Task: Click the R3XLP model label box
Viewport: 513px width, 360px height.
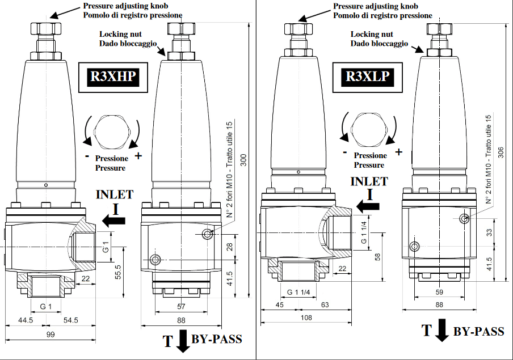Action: pyautogui.click(x=367, y=76)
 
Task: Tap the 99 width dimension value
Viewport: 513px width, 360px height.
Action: pyautogui.click(x=50, y=335)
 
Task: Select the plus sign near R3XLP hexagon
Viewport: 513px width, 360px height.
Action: pyautogui.click(x=399, y=151)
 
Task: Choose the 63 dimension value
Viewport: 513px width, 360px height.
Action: pyautogui.click(x=324, y=305)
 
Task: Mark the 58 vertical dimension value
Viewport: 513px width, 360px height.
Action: pyautogui.click(x=377, y=257)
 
